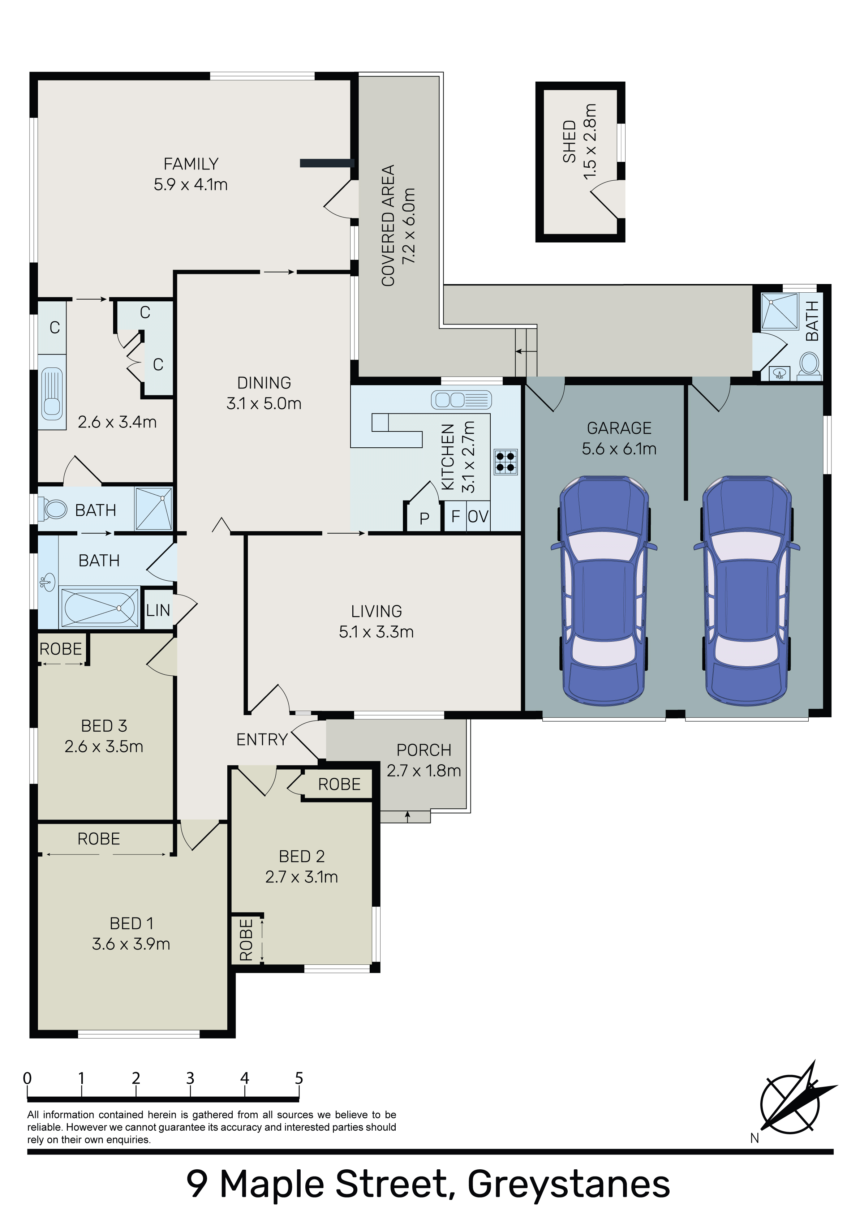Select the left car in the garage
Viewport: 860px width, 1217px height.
(x=604, y=590)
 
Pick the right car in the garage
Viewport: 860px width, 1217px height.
(x=747, y=590)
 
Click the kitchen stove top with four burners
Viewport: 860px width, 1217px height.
(x=505, y=461)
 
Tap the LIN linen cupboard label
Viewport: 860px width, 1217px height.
(x=158, y=611)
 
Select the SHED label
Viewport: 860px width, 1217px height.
(x=569, y=142)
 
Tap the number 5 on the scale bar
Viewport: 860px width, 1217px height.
(x=299, y=1078)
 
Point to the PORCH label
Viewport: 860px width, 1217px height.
(x=424, y=750)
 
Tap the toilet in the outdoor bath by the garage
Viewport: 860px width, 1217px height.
(x=809, y=365)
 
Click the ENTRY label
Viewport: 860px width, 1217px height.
(x=262, y=739)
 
